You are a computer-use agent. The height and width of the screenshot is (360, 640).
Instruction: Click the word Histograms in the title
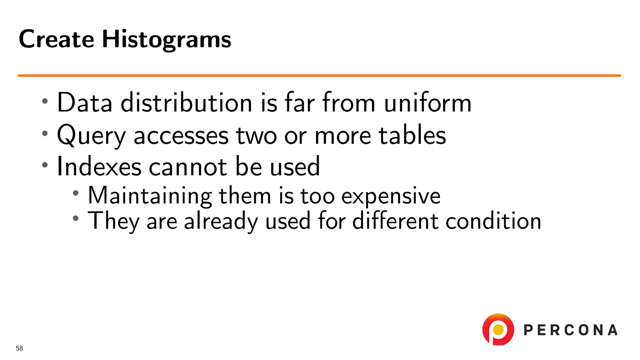(167, 40)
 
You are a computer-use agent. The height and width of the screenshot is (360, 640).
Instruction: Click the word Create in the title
(56, 40)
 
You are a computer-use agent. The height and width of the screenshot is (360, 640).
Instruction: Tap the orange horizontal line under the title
(319, 75)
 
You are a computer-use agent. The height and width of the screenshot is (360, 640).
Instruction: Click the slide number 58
(19, 348)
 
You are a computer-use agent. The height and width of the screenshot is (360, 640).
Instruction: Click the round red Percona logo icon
(498, 329)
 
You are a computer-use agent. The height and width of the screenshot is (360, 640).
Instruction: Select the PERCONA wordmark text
(570, 330)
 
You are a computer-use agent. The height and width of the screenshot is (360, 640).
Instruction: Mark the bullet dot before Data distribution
(45, 101)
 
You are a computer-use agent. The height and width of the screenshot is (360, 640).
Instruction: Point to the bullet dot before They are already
(76, 218)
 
